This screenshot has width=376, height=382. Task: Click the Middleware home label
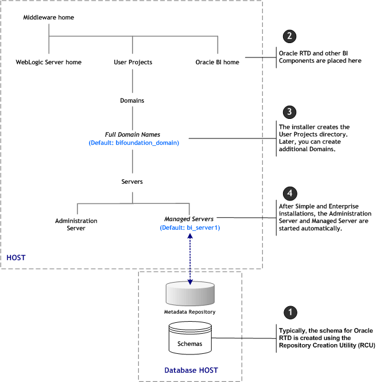point(49,18)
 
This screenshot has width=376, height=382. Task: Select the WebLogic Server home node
point(49,62)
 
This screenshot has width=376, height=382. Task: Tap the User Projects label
point(133,62)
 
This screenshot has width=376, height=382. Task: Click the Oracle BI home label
point(217,62)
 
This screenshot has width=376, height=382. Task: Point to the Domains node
point(132,100)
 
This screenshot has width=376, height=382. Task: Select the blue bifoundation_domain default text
point(134,142)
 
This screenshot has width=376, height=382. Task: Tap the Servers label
point(132,181)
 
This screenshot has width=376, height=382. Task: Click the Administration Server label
point(76,224)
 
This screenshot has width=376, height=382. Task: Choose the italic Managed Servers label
point(189,219)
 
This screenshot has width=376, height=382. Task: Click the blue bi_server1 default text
point(190,227)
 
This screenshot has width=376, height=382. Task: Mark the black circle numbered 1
point(292,312)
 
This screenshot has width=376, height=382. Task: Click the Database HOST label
point(189,369)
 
